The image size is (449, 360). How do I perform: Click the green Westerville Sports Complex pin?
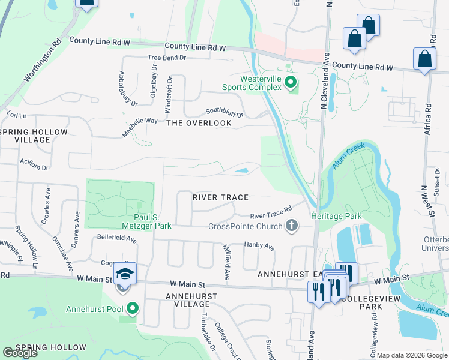click(291, 82)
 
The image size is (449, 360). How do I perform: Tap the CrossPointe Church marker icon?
click(292, 226)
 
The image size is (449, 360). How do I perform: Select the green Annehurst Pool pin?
click(133, 309)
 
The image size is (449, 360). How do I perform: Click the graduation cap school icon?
click(125, 274)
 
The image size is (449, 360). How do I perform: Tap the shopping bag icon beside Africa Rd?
click(424, 60)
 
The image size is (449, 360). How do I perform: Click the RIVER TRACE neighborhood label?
click(220, 197)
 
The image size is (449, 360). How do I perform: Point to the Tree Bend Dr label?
click(167, 58)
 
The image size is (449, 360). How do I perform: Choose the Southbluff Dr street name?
click(224, 113)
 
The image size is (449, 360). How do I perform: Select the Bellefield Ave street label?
click(117, 238)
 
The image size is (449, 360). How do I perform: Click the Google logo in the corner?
click(20, 353)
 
